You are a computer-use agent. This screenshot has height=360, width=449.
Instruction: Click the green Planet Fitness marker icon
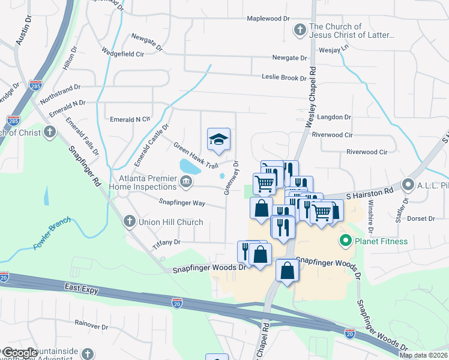pos(345,242)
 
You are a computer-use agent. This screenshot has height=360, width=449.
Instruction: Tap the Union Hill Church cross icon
pos(128,222)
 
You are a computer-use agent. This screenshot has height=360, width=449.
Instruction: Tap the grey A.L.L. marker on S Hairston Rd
pos(408,184)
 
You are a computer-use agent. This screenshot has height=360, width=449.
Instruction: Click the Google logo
pos(20,353)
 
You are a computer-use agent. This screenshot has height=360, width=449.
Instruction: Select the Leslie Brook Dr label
pos(284,77)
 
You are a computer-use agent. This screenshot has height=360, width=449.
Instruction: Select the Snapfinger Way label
pos(182,203)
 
